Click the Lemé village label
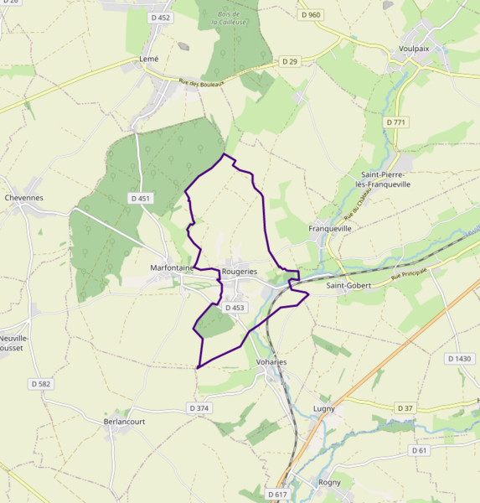point(148,60)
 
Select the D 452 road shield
point(159,18)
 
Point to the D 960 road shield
point(310,15)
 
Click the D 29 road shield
point(290,61)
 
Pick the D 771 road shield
point(396,122)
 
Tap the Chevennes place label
point(23,198)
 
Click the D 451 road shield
point(141,198)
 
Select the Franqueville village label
point(330,228)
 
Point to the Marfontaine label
point(172,268)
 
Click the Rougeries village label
point(239,272)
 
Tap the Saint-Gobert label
point(348,285)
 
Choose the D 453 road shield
point(235,308)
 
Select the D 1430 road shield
point(459,359)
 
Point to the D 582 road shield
point(40,384)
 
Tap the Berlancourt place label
point(125,422)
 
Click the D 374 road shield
point(199,407)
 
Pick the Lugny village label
point(324,408)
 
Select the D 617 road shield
point(277,495)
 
